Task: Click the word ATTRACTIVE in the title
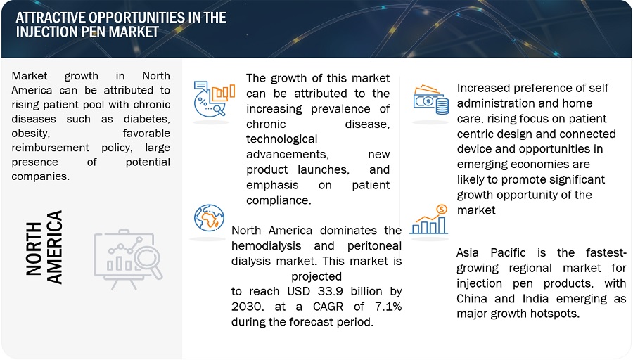pos(51,18)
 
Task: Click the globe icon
pos(209,217)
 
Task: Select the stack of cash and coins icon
pos(430,100)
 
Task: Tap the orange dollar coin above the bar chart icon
pos(442,209)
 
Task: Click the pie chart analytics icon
pos(214,99)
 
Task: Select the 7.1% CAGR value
pos(388,307)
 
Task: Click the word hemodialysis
pos(267,246)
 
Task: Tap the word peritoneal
pos(374,246)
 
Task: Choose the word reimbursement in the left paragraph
pos(50,148)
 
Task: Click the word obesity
pos(31,134)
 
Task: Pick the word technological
pos(282,139)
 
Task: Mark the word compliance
pos(279,200)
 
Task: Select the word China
pos(472,299)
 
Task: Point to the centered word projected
pos(316,277)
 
